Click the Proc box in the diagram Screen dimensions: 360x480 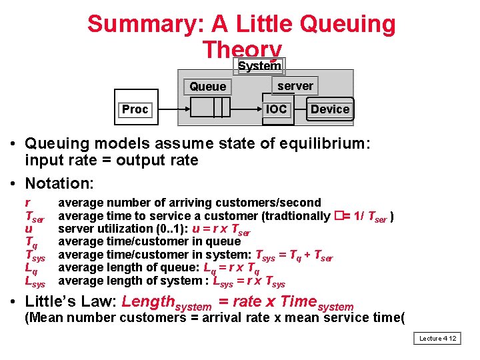(135, 109)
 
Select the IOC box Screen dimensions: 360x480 (276, 109)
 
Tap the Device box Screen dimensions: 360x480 (329, 109)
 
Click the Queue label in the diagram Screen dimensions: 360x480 (207, 87)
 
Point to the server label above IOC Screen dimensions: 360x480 (295, 86)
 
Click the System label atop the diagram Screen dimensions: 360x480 (259, 65)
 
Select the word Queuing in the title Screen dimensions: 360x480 (347, 25)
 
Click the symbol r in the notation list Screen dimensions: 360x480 (27, 203)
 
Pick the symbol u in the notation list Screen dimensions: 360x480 (28, 229)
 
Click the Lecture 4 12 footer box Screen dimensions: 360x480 (437, 339)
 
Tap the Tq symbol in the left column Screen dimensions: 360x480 (31, 242)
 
